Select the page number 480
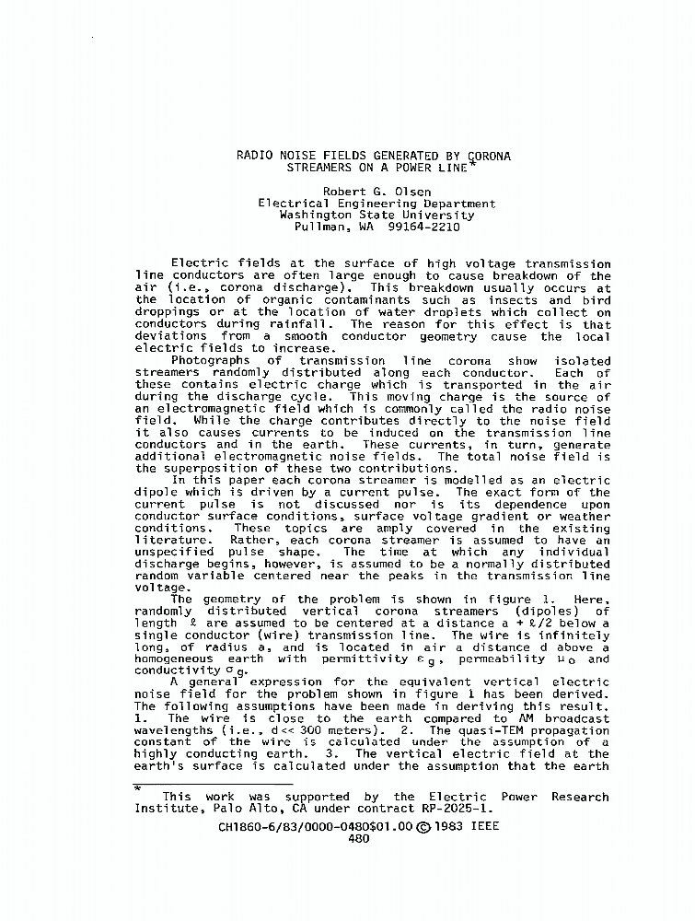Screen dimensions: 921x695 [359, 838]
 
